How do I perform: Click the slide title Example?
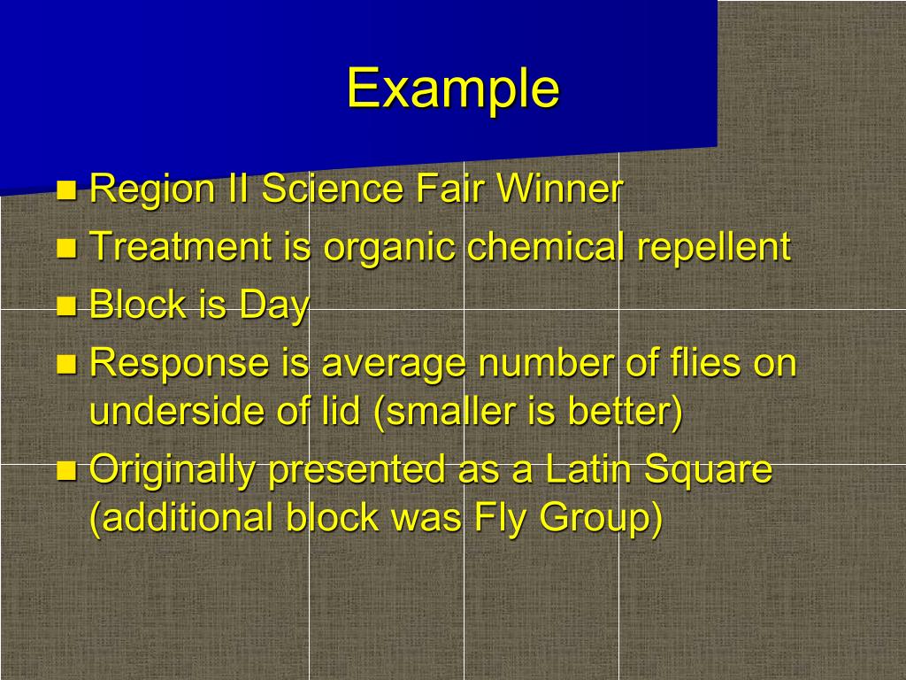point(452,89)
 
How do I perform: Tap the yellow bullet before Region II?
point(65,189)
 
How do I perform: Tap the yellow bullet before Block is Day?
point(65,306)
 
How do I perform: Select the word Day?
point(273,306)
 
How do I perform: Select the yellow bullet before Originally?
point(65,471)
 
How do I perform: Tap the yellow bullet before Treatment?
point(65,248)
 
